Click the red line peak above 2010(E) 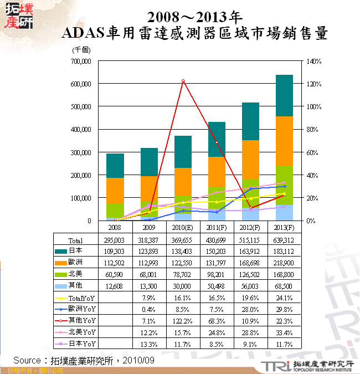(x=183, y=81)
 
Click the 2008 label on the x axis (x=115, y=227)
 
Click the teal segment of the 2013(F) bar (x=284, y=95)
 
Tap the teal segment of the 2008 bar (x=115, y=166)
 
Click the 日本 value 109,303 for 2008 (x=115, y=251)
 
